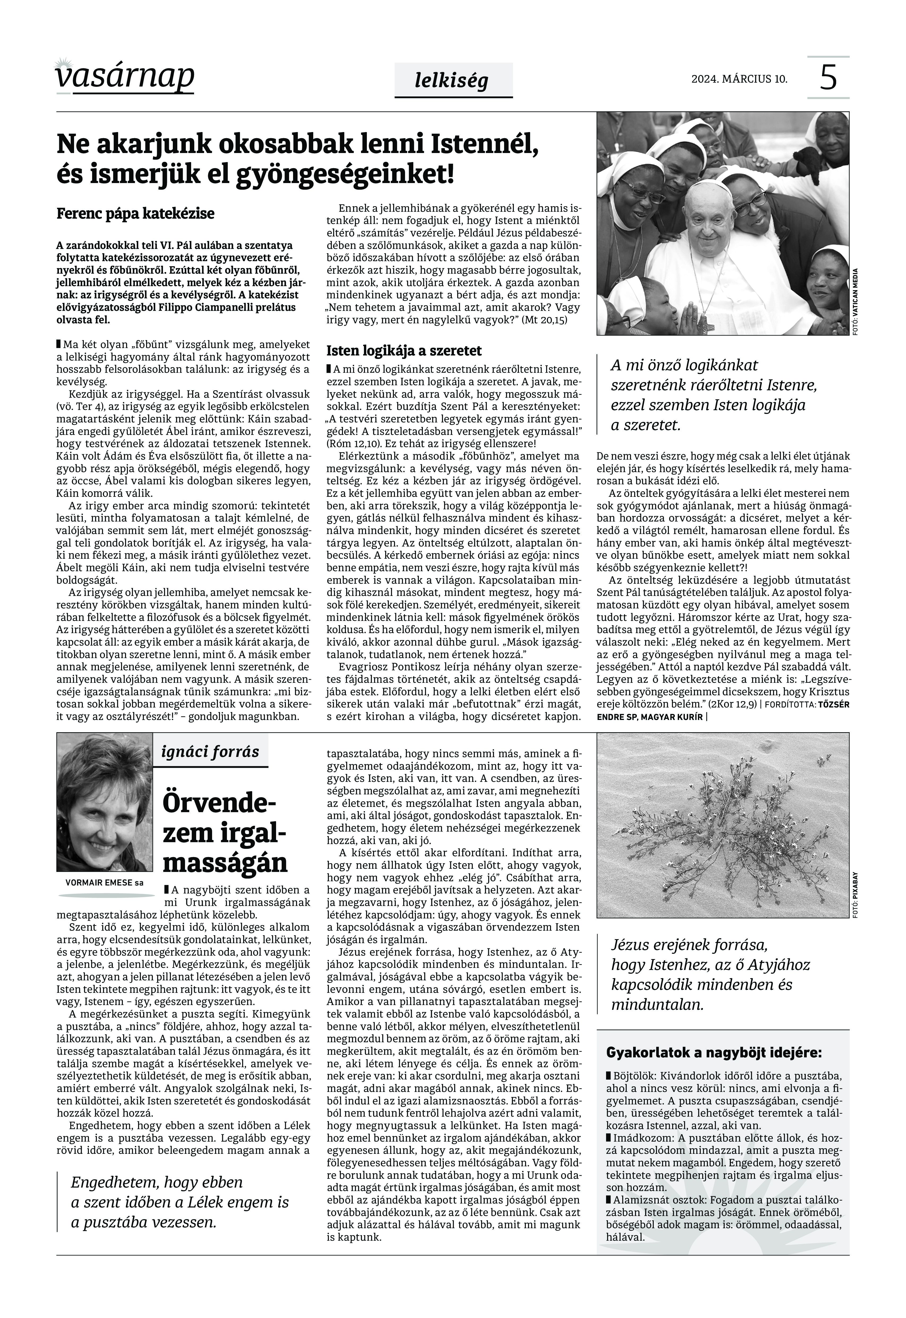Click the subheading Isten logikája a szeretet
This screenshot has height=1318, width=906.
click(x=403, y=350)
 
